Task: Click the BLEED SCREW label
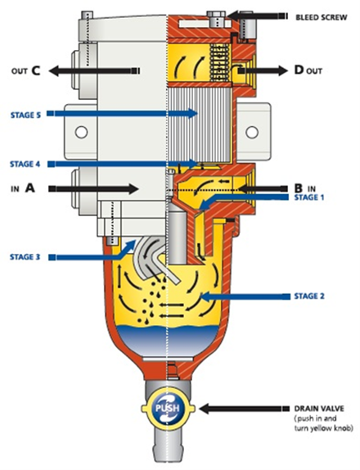pyautogui.click(x=322, y=17)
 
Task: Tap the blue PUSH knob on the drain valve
pyautogui.click(x=168, y=408)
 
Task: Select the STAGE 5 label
pyautogui.click(x=25, y=115)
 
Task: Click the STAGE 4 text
pyautogui.click(x=25, y=165)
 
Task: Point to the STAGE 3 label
pyautogui.click(x=25, y=257)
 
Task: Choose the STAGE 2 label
pyautogui.click(x=309, y=296)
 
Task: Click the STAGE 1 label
pyautogui.click(x=309, y=197)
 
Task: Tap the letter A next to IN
pyautogui.click(x=30, y=188)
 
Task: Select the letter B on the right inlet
pyautogui.click(x=299, y=188)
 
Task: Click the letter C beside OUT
pyautogui.click(x=35, y=70)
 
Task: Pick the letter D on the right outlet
pyautogui.click(x=299, y=70)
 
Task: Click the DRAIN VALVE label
pyautogui.click(x=319, y=409)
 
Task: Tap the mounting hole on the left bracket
pyautogui.click(x=81, y=132)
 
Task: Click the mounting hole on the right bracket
pyautogui.click(x=252, y=132)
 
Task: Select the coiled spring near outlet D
pyautogui.click(x=219, y=63)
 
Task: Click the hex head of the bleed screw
pyautogui.click(x=216, y=14)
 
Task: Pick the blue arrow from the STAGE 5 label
pyautogui.click(x=123, y=113)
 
